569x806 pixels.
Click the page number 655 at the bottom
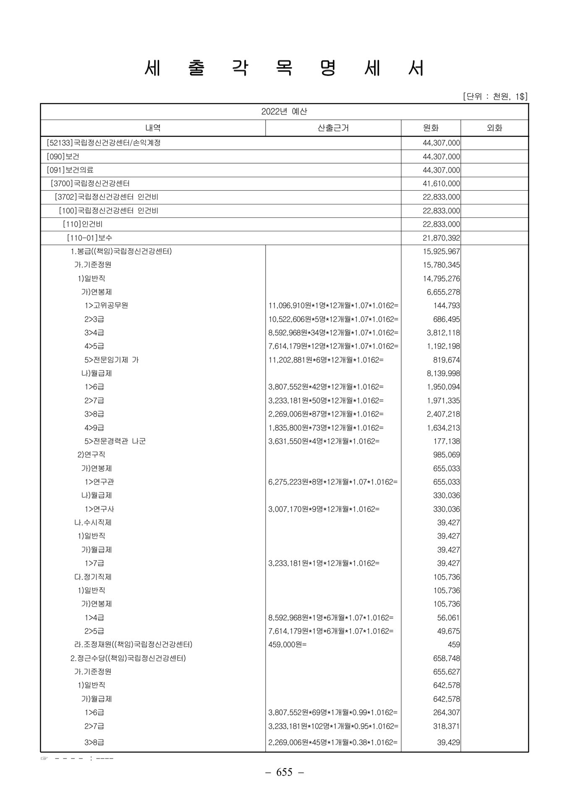[284, 772]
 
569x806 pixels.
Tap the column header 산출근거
[333, 128]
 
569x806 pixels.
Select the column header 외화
[494, 128]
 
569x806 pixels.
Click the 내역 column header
[153, 128]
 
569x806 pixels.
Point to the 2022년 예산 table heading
[284, 112]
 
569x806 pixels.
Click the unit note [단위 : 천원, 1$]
[495, 97]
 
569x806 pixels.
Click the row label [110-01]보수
[89, 238]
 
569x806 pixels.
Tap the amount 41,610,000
[441, 183]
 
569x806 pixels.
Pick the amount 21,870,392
[441, 238]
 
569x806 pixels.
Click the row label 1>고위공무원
[106, 306]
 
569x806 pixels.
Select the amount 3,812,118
[443, 332]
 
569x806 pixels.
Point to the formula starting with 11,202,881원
[326, 360]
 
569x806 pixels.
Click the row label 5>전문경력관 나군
[115, 441]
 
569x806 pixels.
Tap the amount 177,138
[446, 441]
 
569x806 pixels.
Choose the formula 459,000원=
[287, 644]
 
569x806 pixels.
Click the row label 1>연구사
[99, 509]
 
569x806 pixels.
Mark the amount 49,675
[448, 631]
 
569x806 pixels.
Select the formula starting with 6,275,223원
[333, 482]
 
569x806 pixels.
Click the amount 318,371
[446, 726]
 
